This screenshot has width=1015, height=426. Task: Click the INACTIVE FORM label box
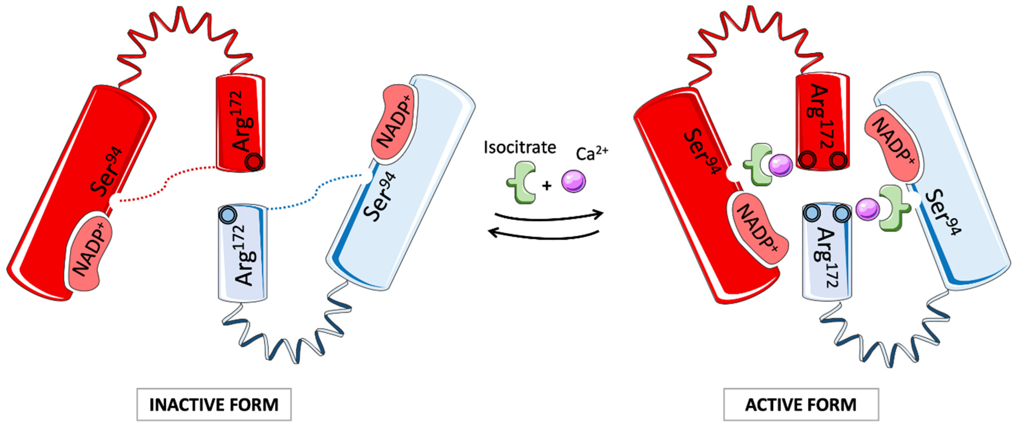pyautogui.click(x=214, y=405)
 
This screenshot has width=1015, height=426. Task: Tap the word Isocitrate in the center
pyautogui.click(x=520, y=147)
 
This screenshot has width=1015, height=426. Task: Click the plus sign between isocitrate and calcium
pyautogui.click(x=547, y=186)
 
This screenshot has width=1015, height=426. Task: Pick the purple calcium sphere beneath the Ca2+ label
pyautogui.click(x=573, y=181)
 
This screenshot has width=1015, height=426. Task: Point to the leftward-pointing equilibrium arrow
pyautogui.click(x=544, y=235)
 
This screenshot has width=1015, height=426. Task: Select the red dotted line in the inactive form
pyautogui.click(x=165, y=185)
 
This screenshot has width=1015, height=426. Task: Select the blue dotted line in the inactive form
pyautogui.click(x=315, y=193)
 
